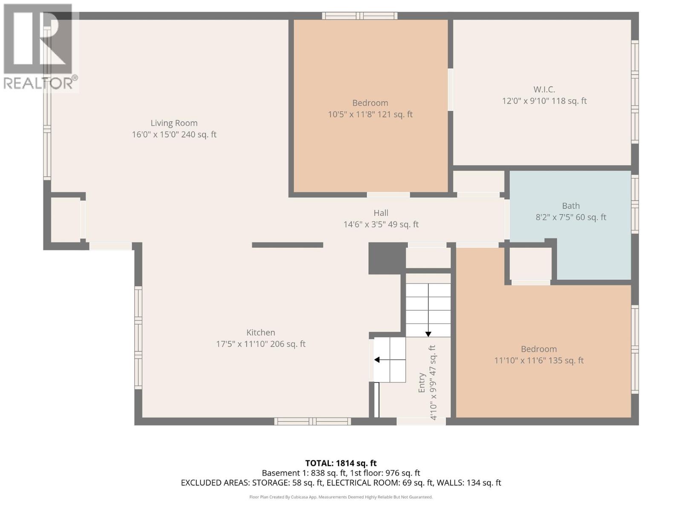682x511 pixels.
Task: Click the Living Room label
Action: click(174, 123)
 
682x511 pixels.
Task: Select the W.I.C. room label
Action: click(544, 89)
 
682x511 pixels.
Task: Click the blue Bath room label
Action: click(570, 206)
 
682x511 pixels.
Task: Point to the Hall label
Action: click(381, 213)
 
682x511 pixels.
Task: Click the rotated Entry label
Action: click(422, 382)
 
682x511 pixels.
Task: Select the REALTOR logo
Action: click(39, 47)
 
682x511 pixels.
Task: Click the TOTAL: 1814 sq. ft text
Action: click(341, 463)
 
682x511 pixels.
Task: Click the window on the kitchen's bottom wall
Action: click(312, 422)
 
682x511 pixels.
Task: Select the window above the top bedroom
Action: click(360, 16)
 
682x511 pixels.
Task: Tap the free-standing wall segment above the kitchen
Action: click(287, 245)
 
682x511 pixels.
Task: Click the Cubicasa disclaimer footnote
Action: click(341, 497)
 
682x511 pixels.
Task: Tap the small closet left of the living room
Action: click(66, 220)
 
